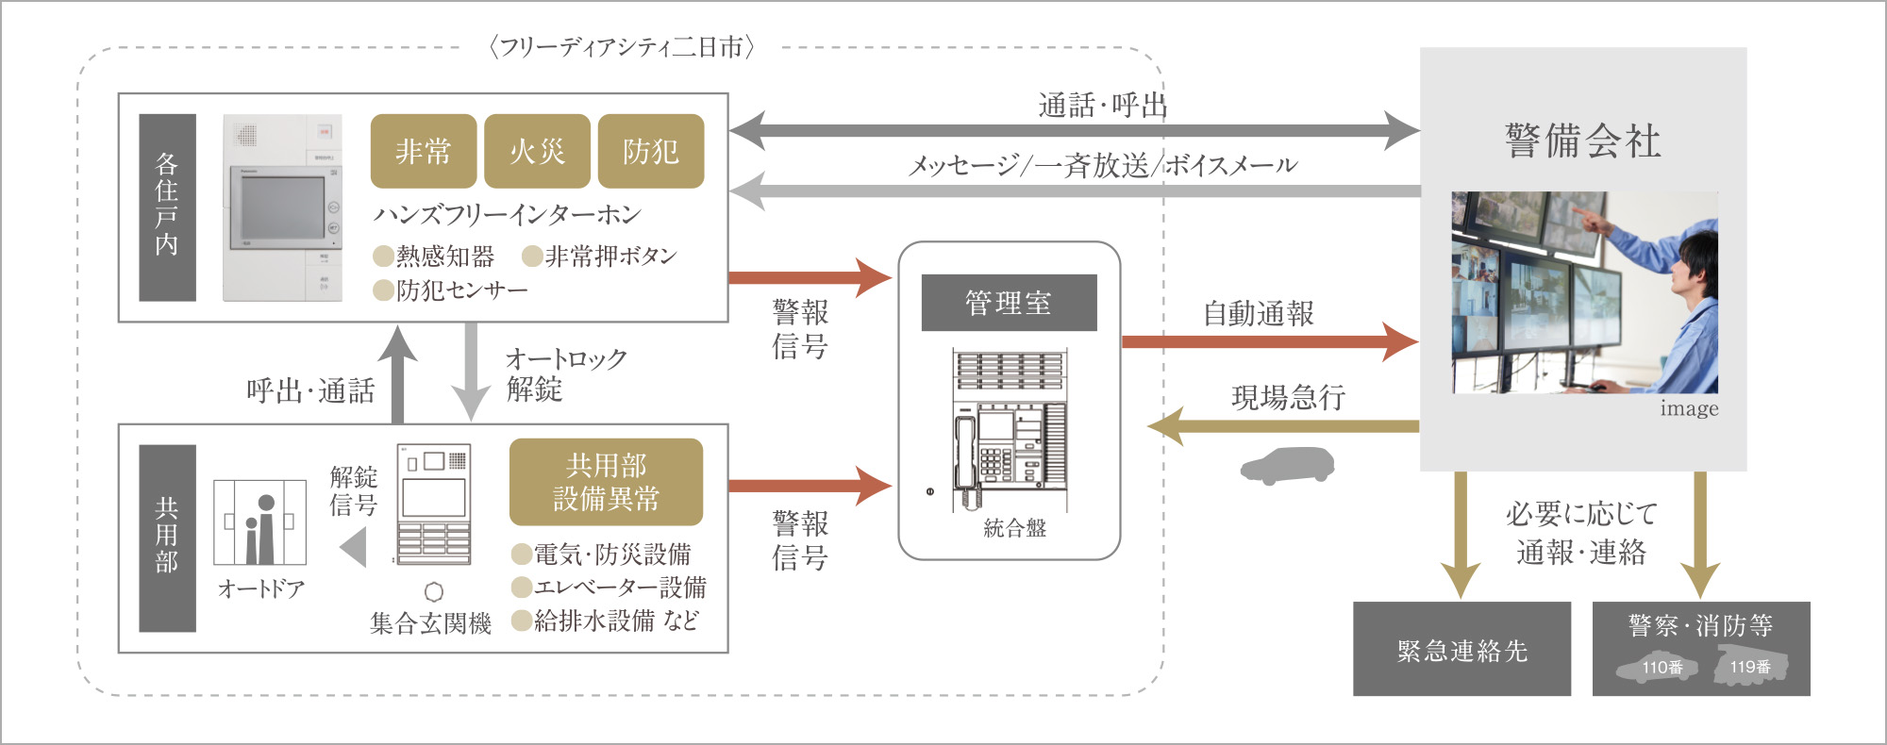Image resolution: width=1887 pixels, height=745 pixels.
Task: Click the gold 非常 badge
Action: [x=423, y=151]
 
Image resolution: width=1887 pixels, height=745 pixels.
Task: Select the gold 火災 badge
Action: [x=537, y=151]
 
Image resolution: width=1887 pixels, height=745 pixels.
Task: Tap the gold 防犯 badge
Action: [x=651, y=151]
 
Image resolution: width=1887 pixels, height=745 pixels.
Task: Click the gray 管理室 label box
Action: [x=1009, y=303]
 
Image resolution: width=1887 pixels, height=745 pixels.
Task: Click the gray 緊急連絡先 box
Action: [x=1461, y=650]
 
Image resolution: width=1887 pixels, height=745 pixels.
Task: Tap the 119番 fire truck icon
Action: [x=1750, y=666]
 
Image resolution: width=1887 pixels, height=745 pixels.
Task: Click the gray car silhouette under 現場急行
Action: [x=1287, y=465]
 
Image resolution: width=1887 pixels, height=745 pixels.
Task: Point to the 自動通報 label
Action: [x=1258, y=314]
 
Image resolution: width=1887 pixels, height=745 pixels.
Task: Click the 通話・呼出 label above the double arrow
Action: [x=1102, y=105]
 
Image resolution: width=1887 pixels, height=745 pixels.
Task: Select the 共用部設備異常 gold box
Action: [x=606, y=482]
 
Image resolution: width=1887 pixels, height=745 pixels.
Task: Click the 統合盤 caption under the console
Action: [x=1015, y=528]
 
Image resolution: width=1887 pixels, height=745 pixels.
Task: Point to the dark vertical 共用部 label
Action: [x=167, y=538]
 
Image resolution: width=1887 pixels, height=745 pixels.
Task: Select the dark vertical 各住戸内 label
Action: [x=167, y=207]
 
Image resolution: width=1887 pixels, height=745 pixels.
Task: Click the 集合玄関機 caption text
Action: [x=430, y=623]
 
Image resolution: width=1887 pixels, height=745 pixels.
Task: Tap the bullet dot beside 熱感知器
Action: [x=383, y=257]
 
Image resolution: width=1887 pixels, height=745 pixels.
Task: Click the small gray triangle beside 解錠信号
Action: [x=355, y=547]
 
